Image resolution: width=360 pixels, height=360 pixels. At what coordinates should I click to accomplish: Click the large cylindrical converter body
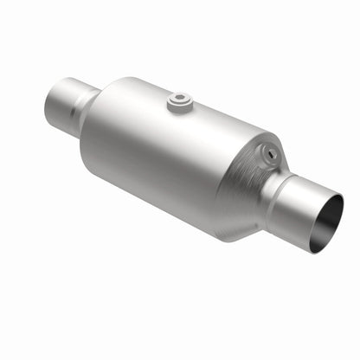click(x=173, y=156)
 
